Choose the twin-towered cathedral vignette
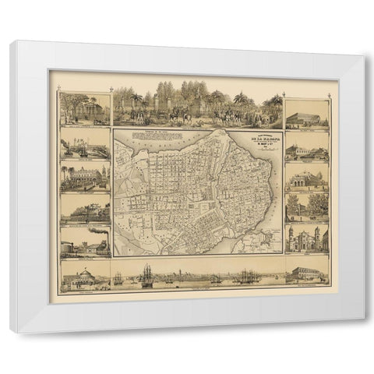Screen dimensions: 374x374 coord(306,238)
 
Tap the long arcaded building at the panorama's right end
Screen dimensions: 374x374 coord(307,275)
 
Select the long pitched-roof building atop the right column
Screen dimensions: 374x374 coord(306,118)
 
